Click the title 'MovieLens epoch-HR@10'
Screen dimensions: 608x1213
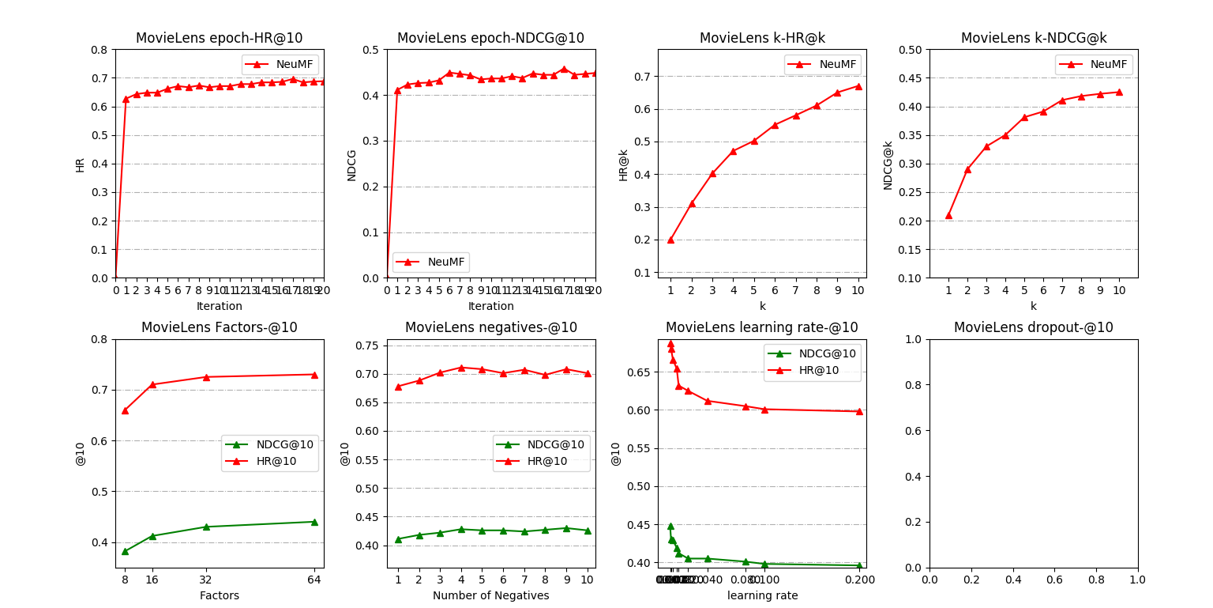tap(219, 38)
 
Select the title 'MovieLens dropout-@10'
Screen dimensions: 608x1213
tap(1033, 327)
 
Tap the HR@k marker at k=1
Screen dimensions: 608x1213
tap(670, 240)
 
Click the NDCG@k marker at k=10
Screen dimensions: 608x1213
tap(1118, 92)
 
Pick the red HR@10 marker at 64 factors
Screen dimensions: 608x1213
tap(314, 375)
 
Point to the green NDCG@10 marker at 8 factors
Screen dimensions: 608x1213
tap(125, 551)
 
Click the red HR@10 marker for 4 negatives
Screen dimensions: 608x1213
tap(461, 368)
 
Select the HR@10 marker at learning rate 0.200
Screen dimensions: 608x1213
tap(859, 411)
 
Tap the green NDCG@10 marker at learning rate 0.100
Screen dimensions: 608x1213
tap(764, 564)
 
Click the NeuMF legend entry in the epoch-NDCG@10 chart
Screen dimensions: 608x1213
tap(430, 262)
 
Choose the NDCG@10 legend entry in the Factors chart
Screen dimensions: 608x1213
tap(269, 444)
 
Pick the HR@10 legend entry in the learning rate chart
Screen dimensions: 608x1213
tap(812, 370)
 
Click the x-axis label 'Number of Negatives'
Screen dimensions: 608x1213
tap(490, 595)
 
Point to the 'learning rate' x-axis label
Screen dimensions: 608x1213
tap(762, 595)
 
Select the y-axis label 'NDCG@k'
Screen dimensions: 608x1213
tap(888, 164)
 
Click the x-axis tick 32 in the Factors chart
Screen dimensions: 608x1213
tap(206, 580)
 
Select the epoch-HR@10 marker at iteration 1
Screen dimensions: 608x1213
tap(126, 99)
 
